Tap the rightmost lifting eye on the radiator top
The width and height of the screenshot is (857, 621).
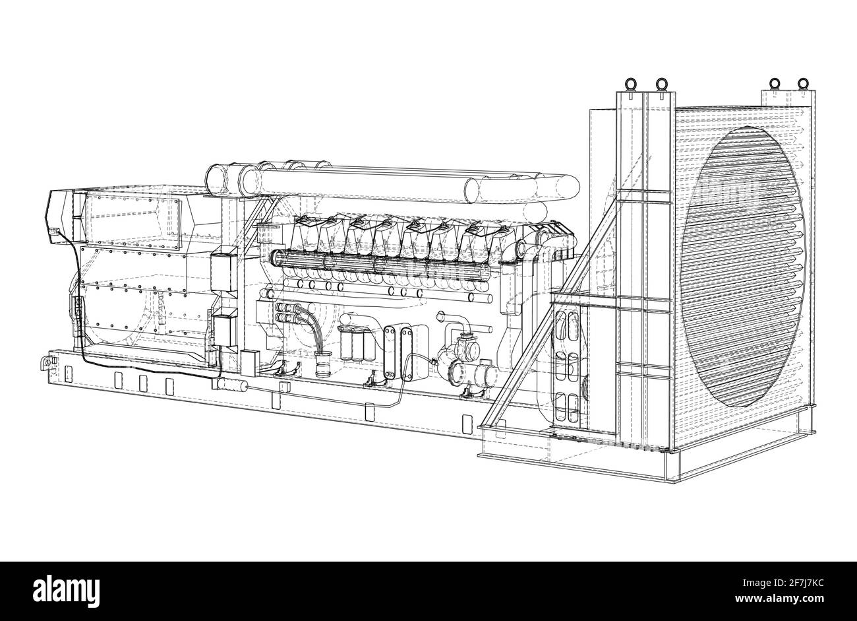pos(802,84)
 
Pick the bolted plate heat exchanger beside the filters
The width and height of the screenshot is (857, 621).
pos(394,352)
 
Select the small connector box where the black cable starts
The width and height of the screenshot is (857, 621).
pos(55,231)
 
